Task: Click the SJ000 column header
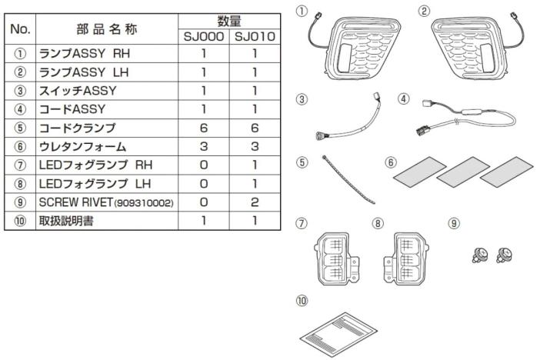[204, 36]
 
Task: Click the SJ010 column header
[255, 36]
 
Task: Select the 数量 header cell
[229, 22]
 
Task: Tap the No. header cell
[20, 29]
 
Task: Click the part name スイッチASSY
[78, 91]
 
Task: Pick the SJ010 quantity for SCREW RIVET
[255, 202]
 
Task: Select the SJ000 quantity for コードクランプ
[204, 128]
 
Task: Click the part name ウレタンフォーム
[82, 146]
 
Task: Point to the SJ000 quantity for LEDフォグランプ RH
[204, 165]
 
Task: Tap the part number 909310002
[144, 203]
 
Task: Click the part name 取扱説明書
[66, 221]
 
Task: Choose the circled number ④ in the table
[20, 109]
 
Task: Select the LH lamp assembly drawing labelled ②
[475, 48]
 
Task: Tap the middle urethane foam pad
[462, 172]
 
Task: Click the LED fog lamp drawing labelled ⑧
[406, 258]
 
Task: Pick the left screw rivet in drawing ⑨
[480, 255]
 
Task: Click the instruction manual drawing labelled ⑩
[338, 334]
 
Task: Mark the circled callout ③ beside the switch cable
[302, 99]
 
